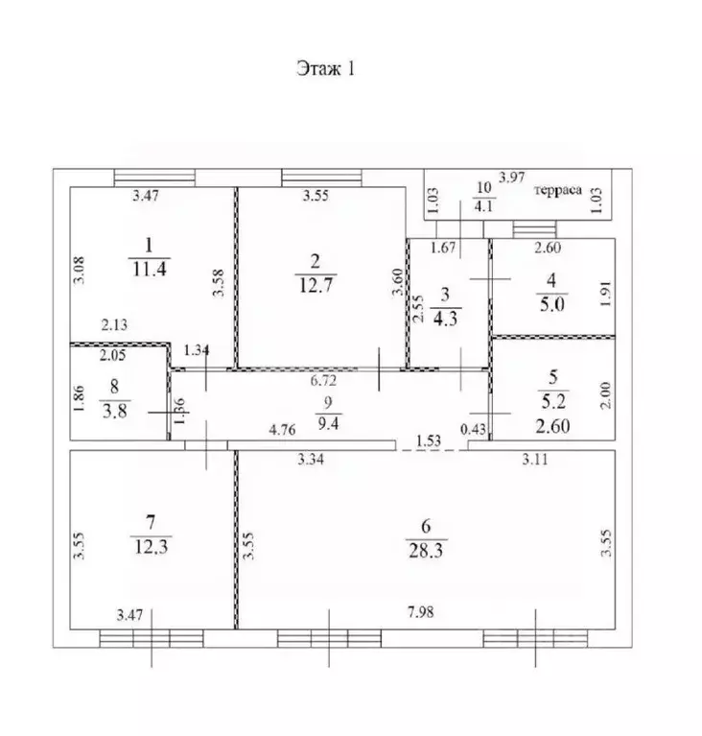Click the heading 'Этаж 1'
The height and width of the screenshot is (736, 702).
pyautogui.click(x=326, y=68)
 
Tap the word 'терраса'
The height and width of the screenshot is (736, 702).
pyautogui.click(x=558, y=190)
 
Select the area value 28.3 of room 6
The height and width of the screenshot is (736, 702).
pyautogui.click(x=426, y=550)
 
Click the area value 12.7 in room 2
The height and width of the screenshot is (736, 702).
pyautogui.click(x=316, y=285)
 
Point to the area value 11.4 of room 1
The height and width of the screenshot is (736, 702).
pyautogui.click(x=150, y=270)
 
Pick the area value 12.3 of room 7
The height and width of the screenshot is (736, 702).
pyautogui.click(x=152, y=547)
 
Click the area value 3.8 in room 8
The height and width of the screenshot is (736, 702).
pyautogui.click(x=115, y=412)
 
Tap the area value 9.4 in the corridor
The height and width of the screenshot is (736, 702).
pyautogui.click(x=328, y=424)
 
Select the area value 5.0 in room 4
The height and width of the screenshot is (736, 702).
pyautogui.click(x=551, y=304)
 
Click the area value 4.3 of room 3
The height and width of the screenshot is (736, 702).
pyautogui.click(x=445, y=319)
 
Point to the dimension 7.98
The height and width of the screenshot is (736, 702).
pyautogui.click(x=420, y=612)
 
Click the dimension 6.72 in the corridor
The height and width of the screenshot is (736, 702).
pyautogui.click(x=323, y=380)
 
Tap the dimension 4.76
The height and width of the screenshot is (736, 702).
pyautogui.click(x=282, y=430)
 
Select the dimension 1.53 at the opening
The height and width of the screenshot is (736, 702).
pyautogui.click(x=429, y=440)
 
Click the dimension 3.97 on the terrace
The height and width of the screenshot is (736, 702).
pyautogui.click(x=511, y=178)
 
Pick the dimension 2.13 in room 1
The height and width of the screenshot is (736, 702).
pyautogui.click(x=114, y=324)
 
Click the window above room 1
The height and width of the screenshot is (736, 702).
pyautogui.click(x=154, y=178)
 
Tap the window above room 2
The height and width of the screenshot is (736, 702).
pyautogui.click(x=322, y=178)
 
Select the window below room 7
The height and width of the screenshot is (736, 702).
pyautogui.click(x=152, y=638)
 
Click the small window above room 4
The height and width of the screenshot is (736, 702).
pyautogui.click(x=534, y=229)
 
